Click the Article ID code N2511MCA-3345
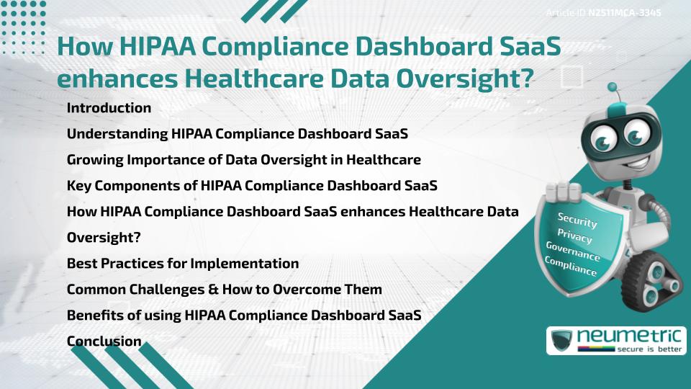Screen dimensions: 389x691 625,12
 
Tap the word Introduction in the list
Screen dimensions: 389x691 109,108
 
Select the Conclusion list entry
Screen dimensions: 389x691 104,341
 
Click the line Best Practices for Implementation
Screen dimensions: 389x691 182,263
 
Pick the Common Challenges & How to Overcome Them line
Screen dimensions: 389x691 224,289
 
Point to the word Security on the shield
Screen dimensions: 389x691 577,220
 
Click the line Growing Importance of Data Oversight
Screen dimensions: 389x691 243,159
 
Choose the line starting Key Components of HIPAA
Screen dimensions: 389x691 251,185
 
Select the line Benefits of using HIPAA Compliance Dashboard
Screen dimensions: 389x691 243,315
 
